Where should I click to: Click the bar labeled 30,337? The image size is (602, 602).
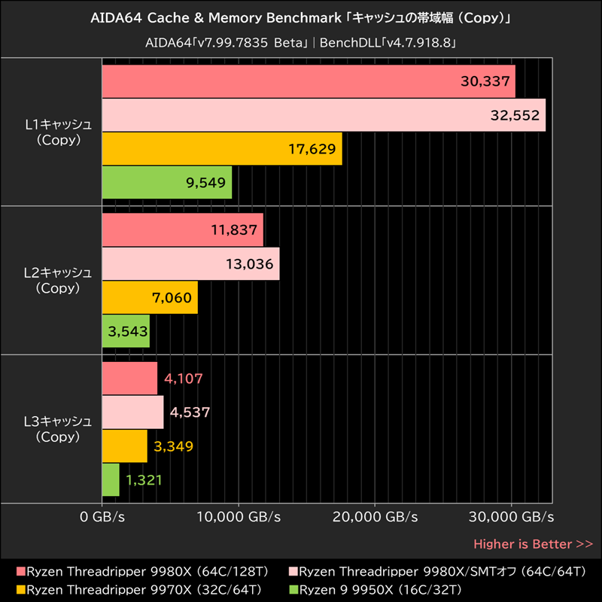[x=309, y=81]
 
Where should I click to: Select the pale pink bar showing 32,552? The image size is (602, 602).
[x=324, y=115]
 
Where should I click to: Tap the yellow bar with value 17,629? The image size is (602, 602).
[x=222, y=148]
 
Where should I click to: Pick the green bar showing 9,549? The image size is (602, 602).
[x=167, y=181]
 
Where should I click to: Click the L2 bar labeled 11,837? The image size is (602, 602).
[x=183, y=230]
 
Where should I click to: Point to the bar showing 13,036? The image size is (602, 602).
[x=190, y=263]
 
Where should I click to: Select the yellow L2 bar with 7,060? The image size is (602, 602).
[x=150, y=297]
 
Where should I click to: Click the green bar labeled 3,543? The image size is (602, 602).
[x=126, y=330]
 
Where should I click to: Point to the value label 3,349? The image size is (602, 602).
[x=173, y=446]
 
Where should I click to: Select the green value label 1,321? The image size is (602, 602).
[x=144, y=479]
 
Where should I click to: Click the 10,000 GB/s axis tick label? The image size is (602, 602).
[x=239, y=518]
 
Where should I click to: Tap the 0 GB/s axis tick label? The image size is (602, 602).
[x=102, y=518]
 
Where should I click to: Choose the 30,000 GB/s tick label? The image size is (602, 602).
[x=512, y=518]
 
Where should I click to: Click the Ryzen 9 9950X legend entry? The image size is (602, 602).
[x=379, y=588]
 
